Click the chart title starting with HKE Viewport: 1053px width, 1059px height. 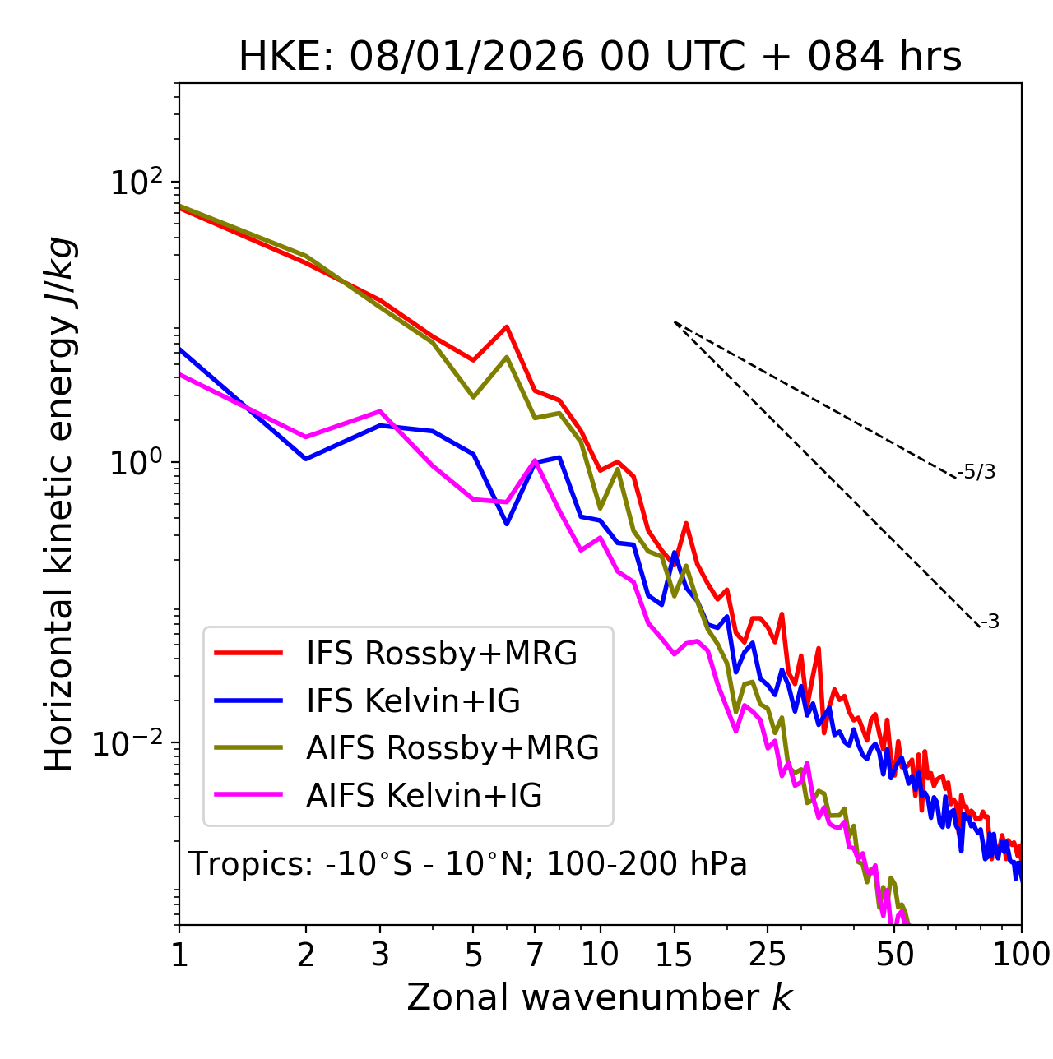pos(600,57)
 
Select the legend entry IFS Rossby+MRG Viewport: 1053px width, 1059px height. pos(442,653)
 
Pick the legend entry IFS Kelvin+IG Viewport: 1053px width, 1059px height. pos(413,701)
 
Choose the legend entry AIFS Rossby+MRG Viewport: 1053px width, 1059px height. pos(452,748)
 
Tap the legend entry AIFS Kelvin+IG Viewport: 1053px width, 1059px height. pos(424,796)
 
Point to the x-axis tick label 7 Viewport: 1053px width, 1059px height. pos(535,955)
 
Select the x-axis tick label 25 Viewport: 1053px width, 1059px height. pos(768,955)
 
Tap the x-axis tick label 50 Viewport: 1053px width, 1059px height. pos(895,955)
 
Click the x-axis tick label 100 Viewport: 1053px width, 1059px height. pos(1021,955)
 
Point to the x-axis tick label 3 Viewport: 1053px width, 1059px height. pos(380,955)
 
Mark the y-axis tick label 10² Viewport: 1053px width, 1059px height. pos(137,183)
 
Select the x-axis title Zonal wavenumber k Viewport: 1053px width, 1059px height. pos(600,997)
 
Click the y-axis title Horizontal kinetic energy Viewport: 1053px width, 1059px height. pos(59,504)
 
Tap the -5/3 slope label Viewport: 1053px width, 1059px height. pos(976,472)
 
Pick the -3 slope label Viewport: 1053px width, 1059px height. pos(990,622)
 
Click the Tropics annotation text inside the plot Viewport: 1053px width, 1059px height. pos(468,864)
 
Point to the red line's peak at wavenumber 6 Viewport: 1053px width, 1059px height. pos(507,326)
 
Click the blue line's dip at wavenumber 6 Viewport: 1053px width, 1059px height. pos(507,524)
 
